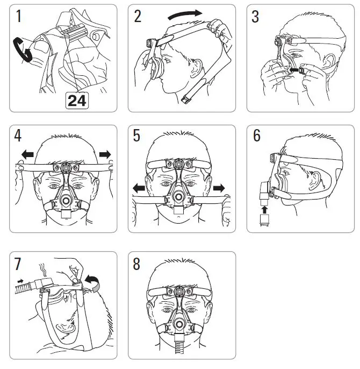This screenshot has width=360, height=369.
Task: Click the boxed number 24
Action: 77,101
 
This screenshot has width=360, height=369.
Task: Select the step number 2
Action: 138,17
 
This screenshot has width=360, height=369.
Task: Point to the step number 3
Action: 256,17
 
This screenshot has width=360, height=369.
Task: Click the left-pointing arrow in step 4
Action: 26,155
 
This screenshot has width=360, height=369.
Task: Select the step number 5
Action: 138,137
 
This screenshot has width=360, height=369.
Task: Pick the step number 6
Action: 257,137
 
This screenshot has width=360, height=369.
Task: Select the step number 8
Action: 138,264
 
